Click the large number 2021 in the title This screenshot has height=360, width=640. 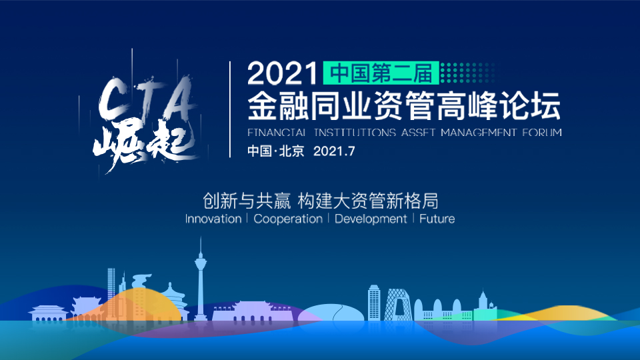point(282,73)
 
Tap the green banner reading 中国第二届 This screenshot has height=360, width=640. point(381,73)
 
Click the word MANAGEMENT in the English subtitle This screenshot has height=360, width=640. point(479,132)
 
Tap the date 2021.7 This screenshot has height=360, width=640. point(334,151)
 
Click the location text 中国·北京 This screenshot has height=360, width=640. point(276,151)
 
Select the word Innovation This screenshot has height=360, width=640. point(213,219)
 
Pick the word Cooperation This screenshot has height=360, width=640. point(288,219)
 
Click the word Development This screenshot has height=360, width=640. point(371,219)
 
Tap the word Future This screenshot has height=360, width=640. point(437,219)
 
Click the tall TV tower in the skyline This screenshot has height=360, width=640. point(200,281)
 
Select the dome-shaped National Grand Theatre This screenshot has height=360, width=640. point(331,313)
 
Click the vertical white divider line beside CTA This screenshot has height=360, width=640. point(230,109)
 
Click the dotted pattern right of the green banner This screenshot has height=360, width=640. point(468,73)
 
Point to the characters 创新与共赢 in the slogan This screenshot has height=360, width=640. point(247,201)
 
